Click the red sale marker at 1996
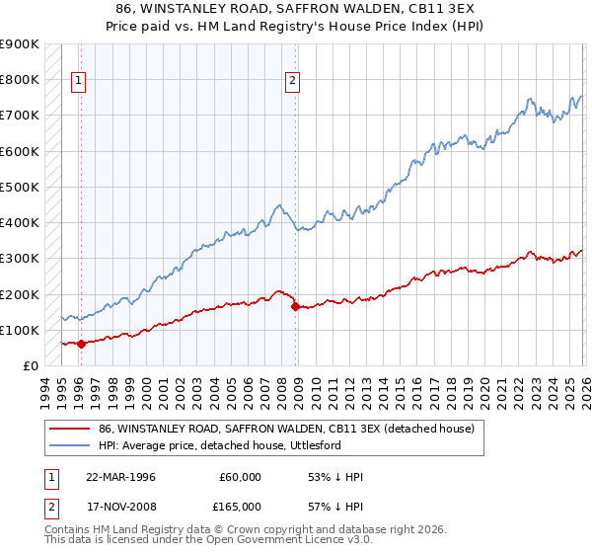(x=81, y=344)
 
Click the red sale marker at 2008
(x=295, y=307)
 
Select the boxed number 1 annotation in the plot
(x=79, y=82)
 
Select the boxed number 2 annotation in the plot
(x=293, y=82)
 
